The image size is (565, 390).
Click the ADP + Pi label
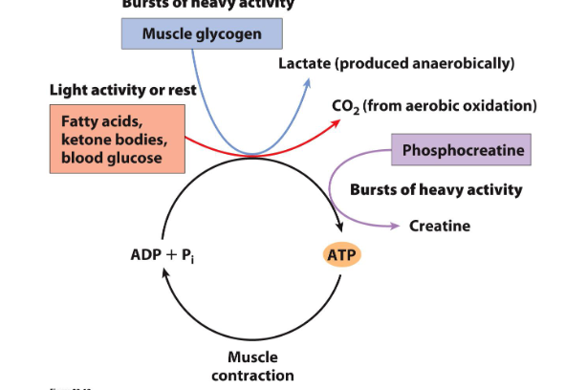(168, 255)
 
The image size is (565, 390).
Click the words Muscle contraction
(252, 366)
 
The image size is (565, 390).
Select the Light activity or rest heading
(122, 90)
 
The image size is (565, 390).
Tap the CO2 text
(345, 105)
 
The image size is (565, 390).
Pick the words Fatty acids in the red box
(94, 122)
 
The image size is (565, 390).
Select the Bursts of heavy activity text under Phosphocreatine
(436, 189)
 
